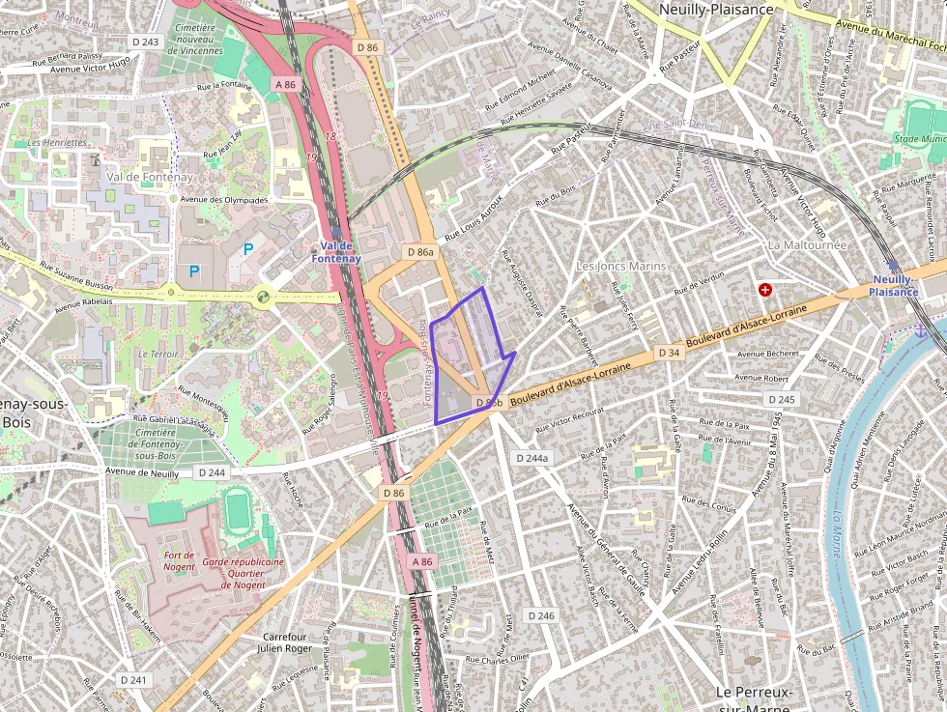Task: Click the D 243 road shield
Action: coord(145,42)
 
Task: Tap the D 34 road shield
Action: coord(670,354)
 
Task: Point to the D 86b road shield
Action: coord(488,402)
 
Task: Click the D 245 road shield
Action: coord(781,399)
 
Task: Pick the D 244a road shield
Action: coord(531,458)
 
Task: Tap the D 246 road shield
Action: coord(542,615)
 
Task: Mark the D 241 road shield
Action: coord(133,680)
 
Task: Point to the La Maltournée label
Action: coord(807,244)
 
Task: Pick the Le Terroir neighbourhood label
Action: coord(158,355)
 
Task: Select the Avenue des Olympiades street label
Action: coord(223,200)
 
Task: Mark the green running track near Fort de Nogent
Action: coord(237,510)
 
